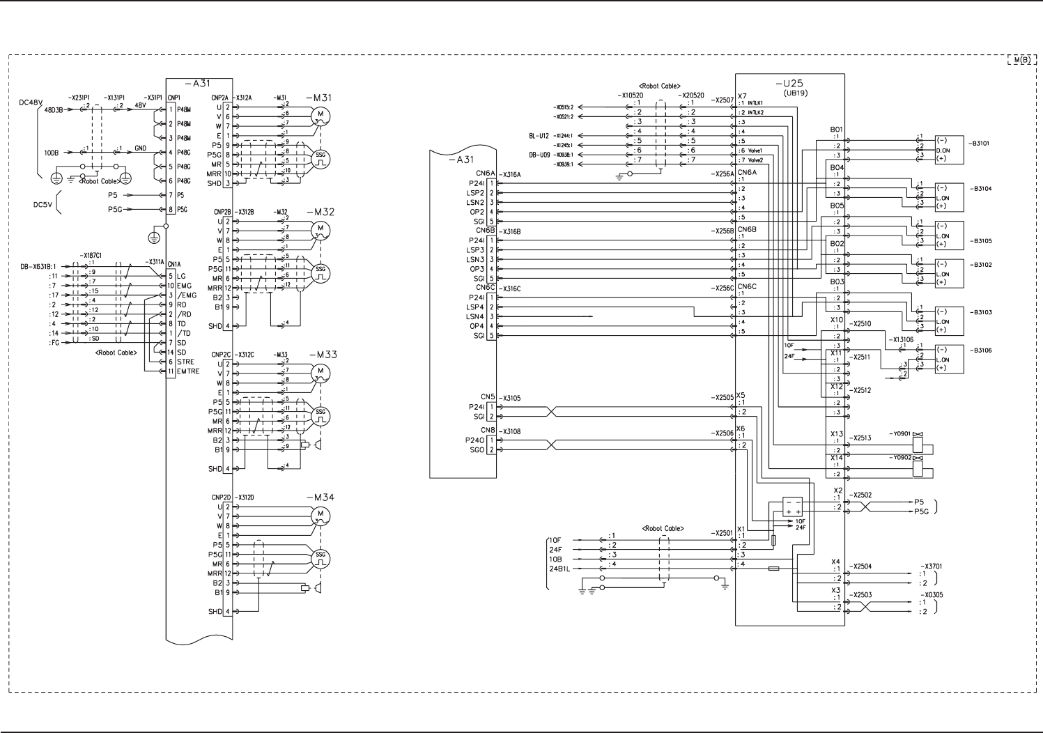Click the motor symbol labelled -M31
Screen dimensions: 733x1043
point(320,114)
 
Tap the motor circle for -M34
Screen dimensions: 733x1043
point(320,516)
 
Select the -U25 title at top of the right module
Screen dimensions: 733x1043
point(792,84)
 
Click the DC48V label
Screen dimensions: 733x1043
point(31,102)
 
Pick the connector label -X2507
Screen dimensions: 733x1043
point(723,100)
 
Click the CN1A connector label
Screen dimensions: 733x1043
point(174,264)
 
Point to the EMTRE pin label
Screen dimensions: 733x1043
point(188,371)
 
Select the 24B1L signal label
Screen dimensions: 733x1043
point(559,569)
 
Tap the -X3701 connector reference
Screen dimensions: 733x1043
point(931,566)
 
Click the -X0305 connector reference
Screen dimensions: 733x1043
point(931,595)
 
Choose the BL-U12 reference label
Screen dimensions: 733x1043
point(539,136)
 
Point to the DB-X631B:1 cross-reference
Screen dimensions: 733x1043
point(38,265)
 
